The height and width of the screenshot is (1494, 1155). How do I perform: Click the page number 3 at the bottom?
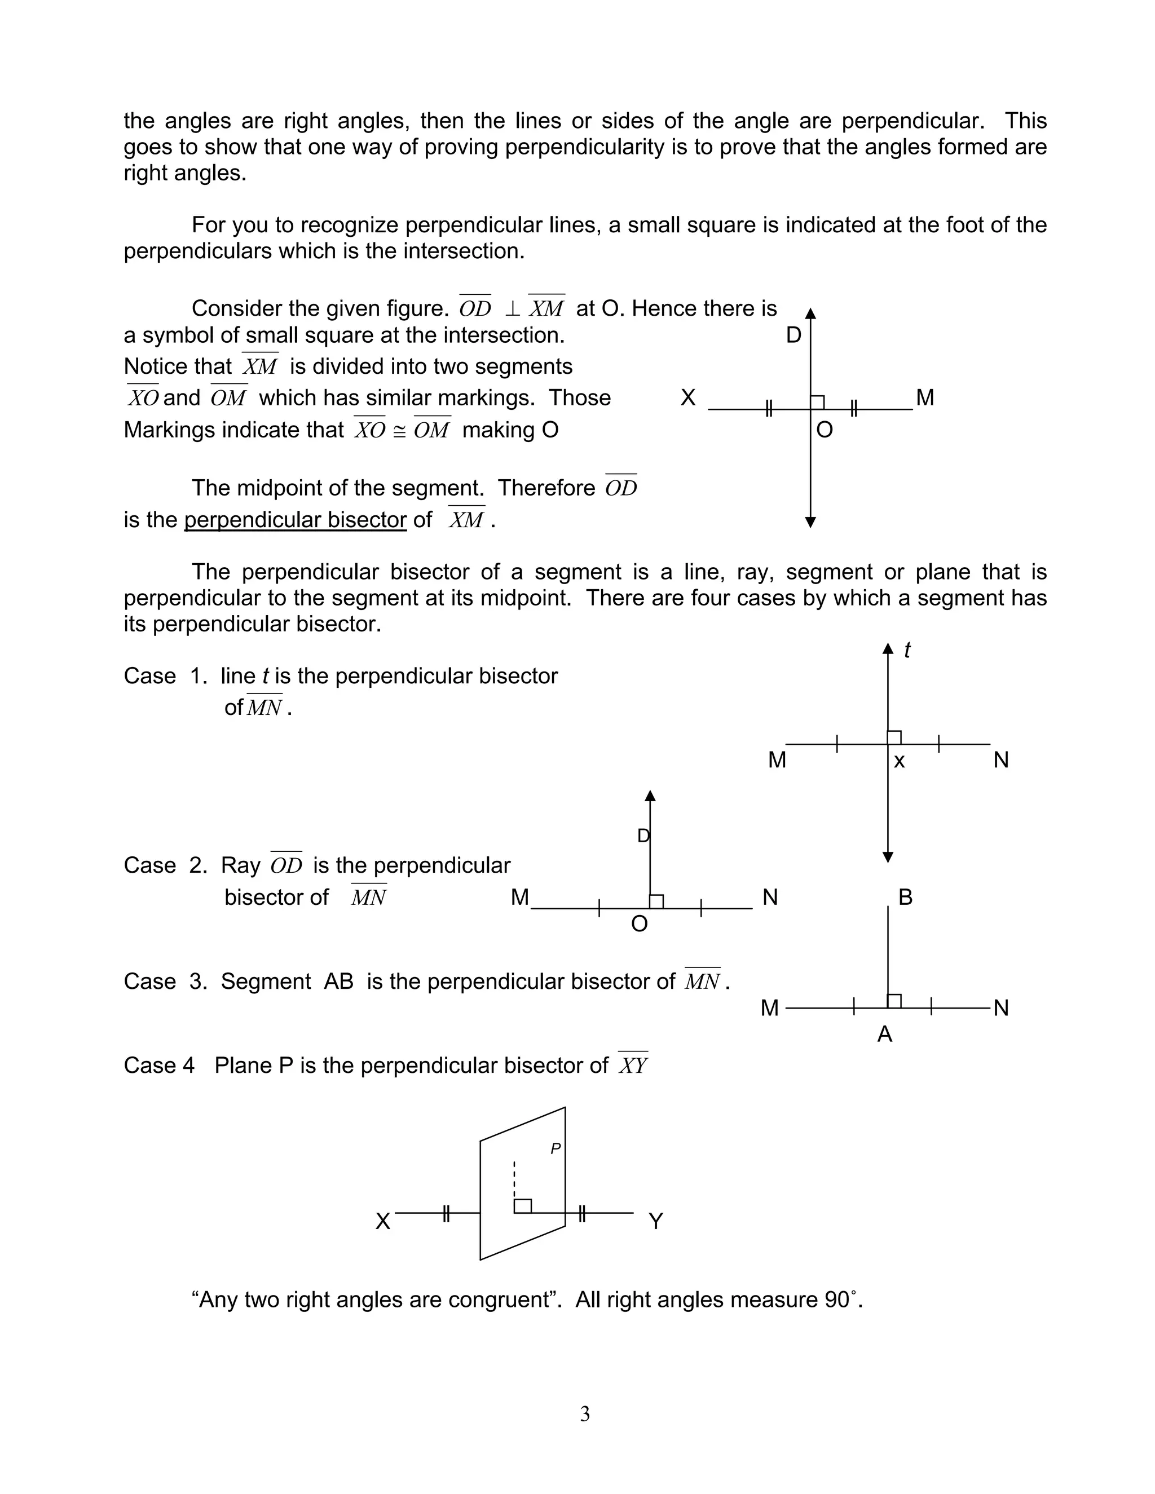click(x=584, y=1413)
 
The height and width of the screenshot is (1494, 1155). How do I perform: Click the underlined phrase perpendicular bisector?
click(x=295, y=520)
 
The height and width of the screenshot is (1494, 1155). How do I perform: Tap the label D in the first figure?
click(x=793, y=335)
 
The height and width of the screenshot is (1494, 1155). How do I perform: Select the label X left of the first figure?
click(x=687, y=397)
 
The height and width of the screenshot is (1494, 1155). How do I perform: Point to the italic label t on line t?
click(x=907, y=650)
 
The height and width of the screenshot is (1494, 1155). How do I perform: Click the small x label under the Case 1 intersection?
click(x=899, y=761)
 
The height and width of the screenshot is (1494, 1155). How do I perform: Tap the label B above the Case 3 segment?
click(x=905, y=897)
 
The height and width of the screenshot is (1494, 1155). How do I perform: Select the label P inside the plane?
click(x=556, y=1149)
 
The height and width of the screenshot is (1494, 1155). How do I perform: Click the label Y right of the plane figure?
click(x=655, y=1221)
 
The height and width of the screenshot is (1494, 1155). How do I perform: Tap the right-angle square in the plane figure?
click(x=523, y=1206)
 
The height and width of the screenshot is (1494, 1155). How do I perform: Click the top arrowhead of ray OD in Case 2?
click(x=650, y=795)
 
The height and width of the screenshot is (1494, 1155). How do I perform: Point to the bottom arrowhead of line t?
click(x=888, y=857)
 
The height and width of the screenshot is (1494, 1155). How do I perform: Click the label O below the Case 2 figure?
click(x=639, y=924)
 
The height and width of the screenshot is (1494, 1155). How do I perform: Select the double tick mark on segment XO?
click(x=769, y=409)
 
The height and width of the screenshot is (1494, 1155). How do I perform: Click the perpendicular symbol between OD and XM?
click(x=512, y=309)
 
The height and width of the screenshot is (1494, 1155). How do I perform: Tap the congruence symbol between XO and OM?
click(x=400, y=431)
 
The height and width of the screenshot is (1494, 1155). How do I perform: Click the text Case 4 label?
click(x=158, y=1065)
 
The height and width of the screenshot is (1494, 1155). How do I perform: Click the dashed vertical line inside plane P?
click(x=514, y=1178)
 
